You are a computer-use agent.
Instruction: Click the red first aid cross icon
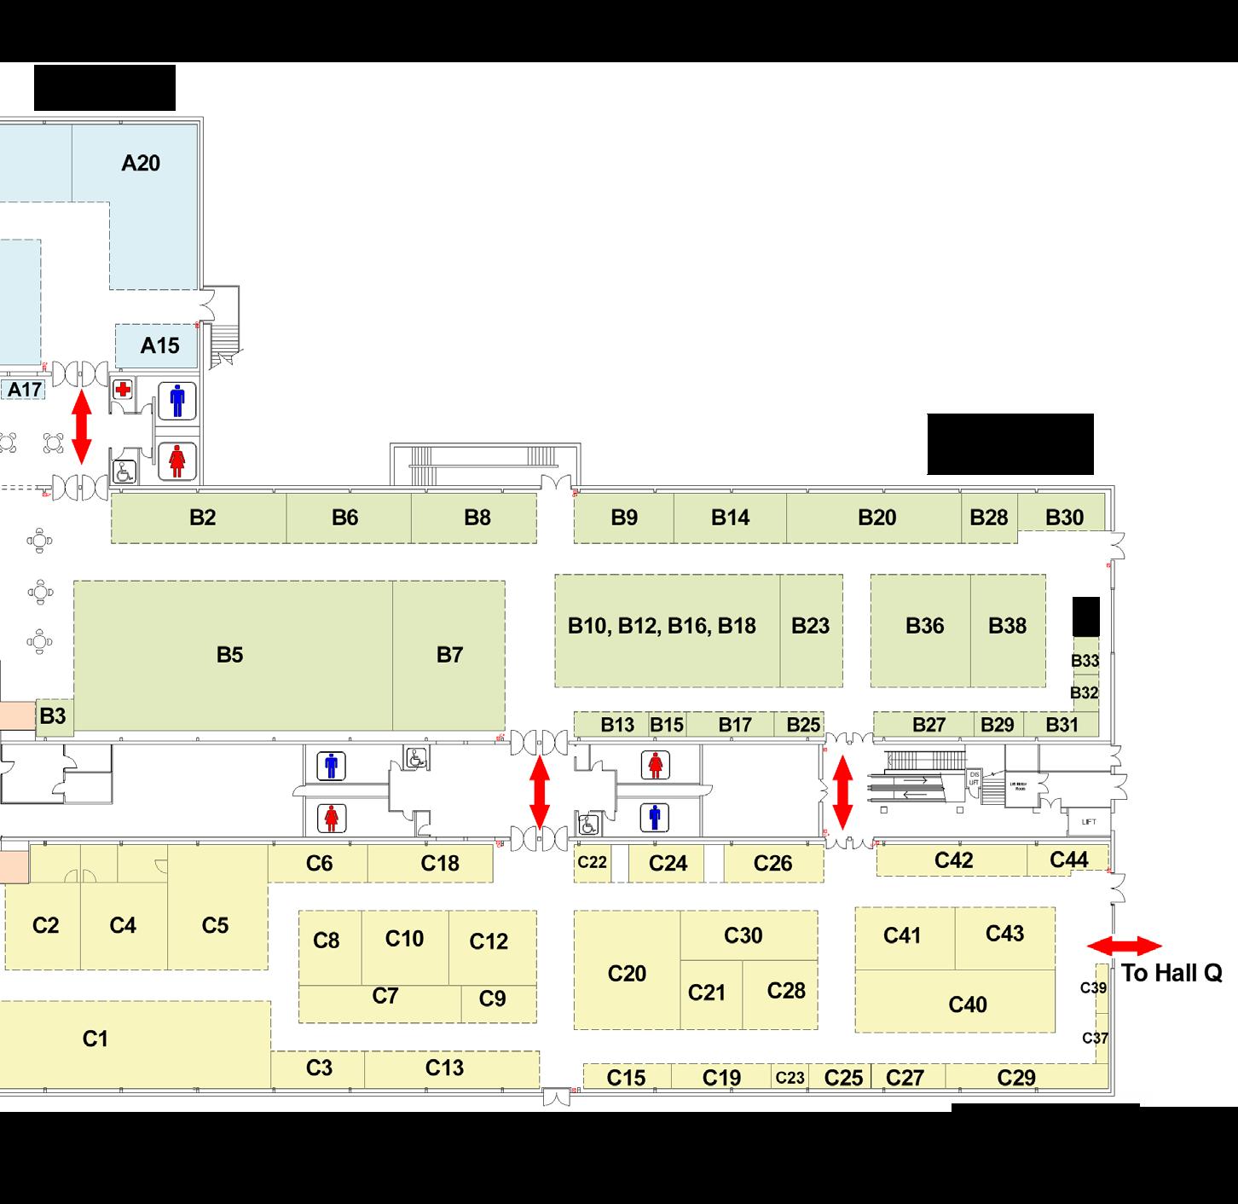[124, 390]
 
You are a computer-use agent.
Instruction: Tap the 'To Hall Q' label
[1171, 973]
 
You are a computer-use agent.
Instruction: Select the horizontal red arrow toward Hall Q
[1125, 946]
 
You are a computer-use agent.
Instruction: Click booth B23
[810, 627]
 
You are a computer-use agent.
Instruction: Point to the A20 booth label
[141, 163]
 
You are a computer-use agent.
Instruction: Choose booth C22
[592, 863]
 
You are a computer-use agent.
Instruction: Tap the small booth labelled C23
[790, 1078]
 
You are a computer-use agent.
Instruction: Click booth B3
[53, 716]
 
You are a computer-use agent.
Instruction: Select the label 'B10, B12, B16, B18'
[662, 627]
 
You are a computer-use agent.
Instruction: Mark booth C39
[1094, 988]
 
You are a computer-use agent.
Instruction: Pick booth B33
[1085, 661]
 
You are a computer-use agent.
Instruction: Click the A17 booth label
[25, 391]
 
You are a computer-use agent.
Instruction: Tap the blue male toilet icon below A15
[177, 400]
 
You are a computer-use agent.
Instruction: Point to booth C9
[493, 999]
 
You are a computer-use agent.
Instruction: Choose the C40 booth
[968, 1004]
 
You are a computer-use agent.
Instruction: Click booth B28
[989, 518]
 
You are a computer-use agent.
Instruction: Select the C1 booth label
[95, 1039]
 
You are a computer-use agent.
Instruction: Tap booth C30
[743, 935]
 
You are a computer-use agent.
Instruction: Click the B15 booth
[667, 725]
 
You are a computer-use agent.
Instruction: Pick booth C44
[1068, 860]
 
